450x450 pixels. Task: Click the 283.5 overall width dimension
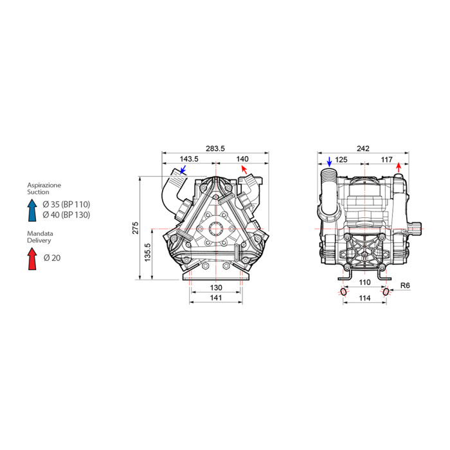pos(215,148)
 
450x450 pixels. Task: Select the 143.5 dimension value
pos(189,159)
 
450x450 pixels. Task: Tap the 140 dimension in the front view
pos(242,159)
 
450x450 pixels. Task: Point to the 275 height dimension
pos(136,228)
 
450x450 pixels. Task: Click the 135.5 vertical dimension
pos(148,253)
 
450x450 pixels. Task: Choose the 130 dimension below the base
pos(216,287)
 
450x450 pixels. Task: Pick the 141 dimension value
pos(216,298)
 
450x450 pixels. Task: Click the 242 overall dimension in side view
pos(363,148)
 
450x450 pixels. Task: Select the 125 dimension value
pos(341,159)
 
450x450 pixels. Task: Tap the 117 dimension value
pos(386,159)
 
